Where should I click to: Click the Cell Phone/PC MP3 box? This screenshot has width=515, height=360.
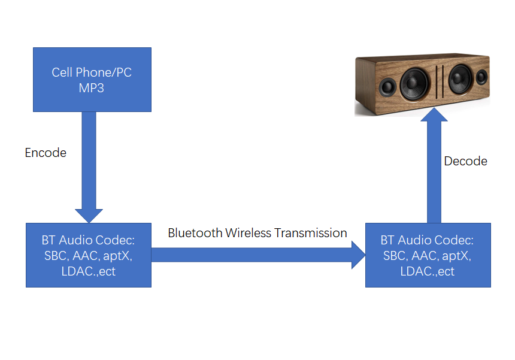pyautogui.click(x=92, y=80)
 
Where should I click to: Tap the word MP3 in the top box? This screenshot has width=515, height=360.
pyautogui.click(x=92, y=87)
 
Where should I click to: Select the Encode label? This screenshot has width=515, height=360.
pyautogui.click(x=46, y=153)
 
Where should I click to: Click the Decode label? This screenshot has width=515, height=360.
pyautogui.click(x=465, y=161)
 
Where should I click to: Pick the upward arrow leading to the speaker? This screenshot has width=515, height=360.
pyautogui.click(x=434, y=168)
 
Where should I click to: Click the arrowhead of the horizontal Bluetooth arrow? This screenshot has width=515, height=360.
pyautogui.click(x=358, y=255)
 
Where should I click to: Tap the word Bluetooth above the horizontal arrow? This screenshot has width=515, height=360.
pyautogui.click(x=195, y=233)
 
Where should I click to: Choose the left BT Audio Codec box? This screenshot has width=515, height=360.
pyautogui.click(x=88, y=255)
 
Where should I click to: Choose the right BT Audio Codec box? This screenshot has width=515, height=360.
pyautogui.click(x=428, y=255)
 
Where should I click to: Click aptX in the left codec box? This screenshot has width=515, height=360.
pyautogui.click(x=120, y=256)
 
